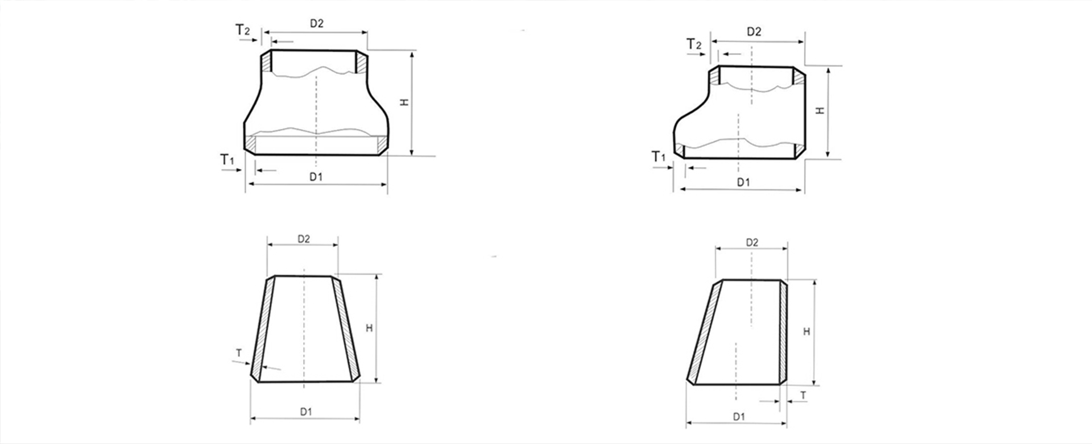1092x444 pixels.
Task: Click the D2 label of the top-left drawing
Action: (316, 23)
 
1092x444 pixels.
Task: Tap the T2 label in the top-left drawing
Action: (242, 30)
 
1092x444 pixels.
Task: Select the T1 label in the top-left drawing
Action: (227, 160)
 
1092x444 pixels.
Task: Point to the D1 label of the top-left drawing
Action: (316, 177)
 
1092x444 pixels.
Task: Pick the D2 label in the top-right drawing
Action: (754, 32)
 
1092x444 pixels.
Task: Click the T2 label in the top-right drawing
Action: (694, 44)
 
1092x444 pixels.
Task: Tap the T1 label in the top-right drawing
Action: (659, 156)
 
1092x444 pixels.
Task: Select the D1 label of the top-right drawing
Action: (743, 182)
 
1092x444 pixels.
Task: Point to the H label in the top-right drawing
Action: (820, 110)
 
